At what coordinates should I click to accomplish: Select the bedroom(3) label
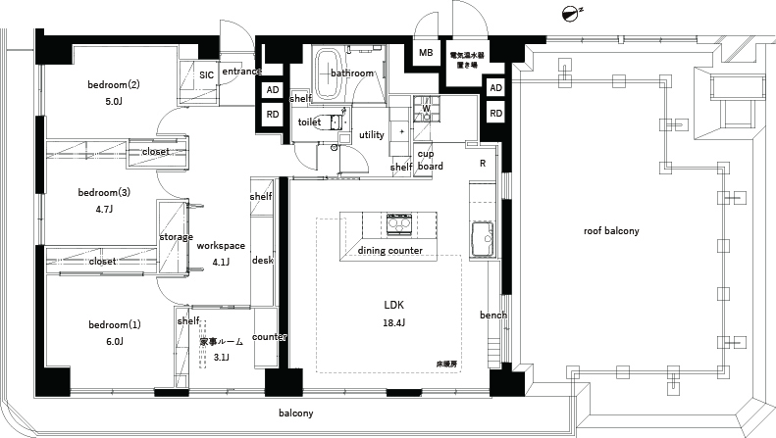click(x=105, y=193)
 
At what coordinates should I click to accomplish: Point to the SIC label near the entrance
click(x=206, y=74)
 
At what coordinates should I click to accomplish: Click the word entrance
click(x=241, y=72)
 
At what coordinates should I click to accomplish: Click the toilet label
click(x=310, y=122)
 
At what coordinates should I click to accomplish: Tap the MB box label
click(x=427, y=53)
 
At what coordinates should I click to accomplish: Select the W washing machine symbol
click(x=426, y=109)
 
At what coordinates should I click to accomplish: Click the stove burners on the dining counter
click(x=399, y=224)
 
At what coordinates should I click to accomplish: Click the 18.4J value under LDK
click(x=393, y=321)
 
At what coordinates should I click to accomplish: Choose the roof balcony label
click(x=611, y=231)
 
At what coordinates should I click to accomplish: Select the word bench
click(x=492, y=315)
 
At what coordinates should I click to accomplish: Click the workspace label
click(x=220, y=246)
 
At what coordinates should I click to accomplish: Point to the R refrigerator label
click(x=483, y=164)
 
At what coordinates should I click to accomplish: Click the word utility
click(x=371, y=134)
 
